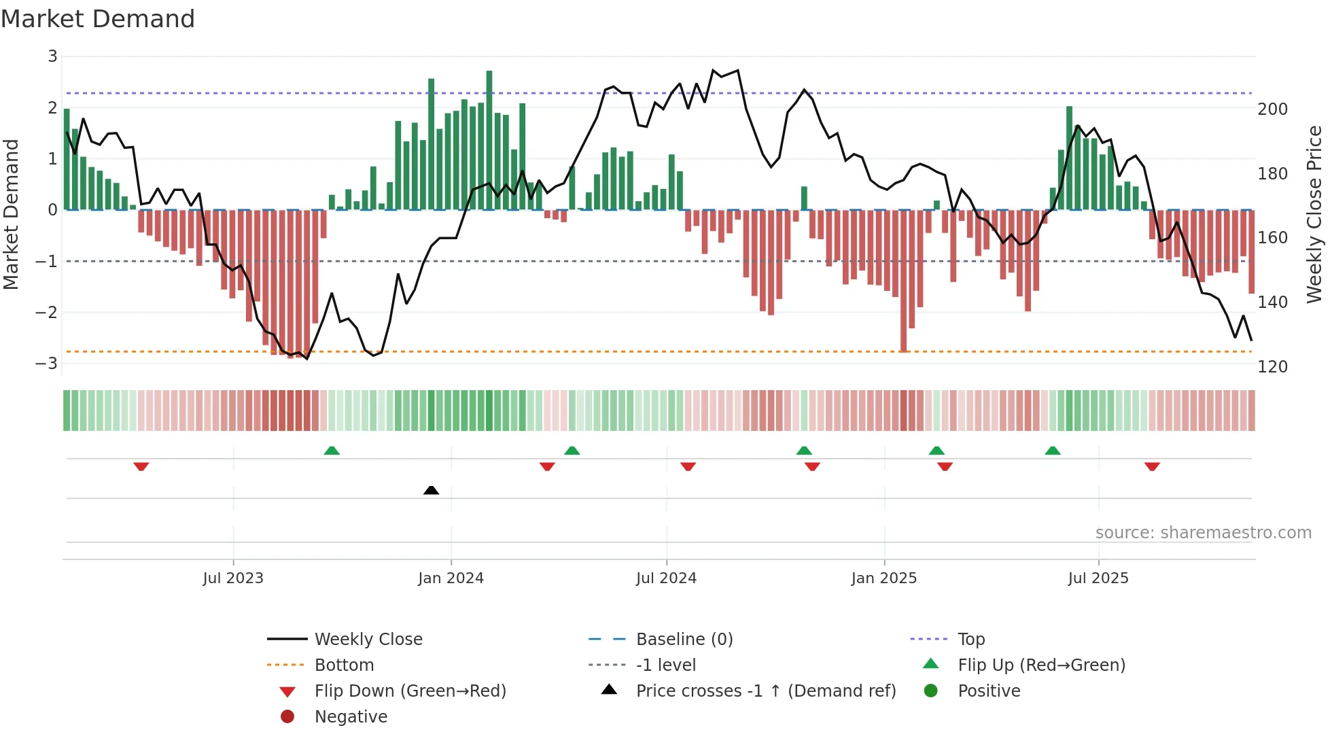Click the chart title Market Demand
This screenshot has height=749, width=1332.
(x=98, y=19)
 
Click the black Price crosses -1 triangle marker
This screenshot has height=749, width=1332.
(x=431, y=490)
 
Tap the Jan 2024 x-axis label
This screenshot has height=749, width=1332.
(x=451, y=578)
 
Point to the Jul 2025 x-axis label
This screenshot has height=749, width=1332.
(x=1098, y=578)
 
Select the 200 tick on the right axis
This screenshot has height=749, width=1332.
(x=1272, y=109)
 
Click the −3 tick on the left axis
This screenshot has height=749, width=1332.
(x=47, y=364)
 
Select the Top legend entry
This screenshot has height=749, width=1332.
(x=970, y=640)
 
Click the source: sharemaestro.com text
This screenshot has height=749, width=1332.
(x=1203, y=533)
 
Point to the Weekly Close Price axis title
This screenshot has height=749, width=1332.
(x=1314, y=214)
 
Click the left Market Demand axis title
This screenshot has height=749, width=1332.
(x=11, y=214)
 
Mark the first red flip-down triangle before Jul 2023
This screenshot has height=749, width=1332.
(x=141, y=466)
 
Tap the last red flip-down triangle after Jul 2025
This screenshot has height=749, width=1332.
(x=1152, y=466)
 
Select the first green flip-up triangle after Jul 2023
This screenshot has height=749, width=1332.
(x=332, y=451)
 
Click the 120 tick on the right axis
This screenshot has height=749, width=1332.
(x=1272, y=367)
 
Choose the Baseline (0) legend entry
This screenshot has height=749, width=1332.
(x=684, y=640)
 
